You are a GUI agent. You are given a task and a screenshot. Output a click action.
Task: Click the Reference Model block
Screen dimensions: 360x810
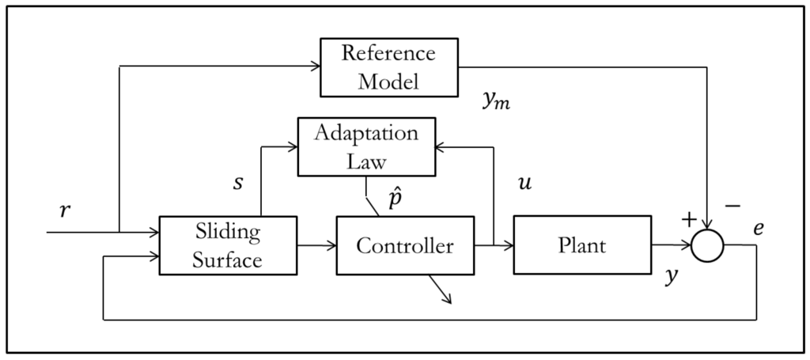tap(388, 67)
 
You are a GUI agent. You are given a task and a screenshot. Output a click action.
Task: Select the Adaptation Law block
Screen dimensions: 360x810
tap(366, 146)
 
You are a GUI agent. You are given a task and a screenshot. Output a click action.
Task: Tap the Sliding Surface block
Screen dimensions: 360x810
tap(228, 245)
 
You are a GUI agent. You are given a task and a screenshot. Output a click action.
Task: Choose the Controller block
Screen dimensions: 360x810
tap(404, 245)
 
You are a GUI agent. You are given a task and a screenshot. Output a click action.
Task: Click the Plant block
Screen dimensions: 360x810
tap(582, 245)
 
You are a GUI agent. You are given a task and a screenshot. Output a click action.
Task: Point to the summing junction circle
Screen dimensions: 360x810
tap(707, 246)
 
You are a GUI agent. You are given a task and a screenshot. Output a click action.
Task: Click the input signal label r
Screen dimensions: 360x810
tap(65, 211)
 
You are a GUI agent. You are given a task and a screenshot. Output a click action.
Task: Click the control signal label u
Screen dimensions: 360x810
tap(523, 184)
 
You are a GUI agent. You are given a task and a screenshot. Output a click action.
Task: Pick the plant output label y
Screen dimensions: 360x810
tap(671, 276)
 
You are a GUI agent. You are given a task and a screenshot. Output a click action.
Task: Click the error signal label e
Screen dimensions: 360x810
tap(759, 228)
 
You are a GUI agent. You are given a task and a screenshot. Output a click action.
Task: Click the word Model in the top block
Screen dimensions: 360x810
tap(388, 81)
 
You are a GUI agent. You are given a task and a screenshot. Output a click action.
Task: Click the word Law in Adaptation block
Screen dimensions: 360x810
tap(366, 161)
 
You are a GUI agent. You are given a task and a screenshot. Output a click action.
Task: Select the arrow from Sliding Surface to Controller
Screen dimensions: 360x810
tap(316, 246)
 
